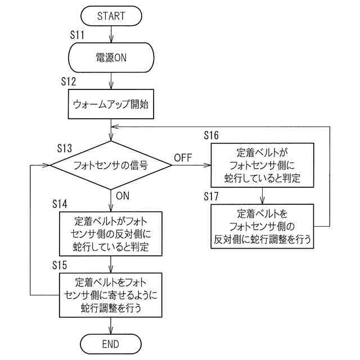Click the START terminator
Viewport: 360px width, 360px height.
click(111, 16)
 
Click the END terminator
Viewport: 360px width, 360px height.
click(111, 344)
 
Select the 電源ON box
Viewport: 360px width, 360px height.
click(111, 57)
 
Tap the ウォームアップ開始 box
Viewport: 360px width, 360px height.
click(111, 104)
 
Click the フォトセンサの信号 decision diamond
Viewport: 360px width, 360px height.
click(111, 165)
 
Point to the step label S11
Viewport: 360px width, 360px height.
click(77, 35)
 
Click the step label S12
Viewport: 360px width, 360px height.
click(69, 82)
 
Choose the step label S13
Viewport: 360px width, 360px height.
click(65, 148)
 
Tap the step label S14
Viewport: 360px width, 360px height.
click(60, 204)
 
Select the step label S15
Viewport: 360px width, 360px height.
click(60, 265)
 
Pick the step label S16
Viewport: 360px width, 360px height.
click(211, 136)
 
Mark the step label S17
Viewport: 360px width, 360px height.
click(211, 196)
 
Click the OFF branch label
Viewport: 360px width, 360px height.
click(183, 157)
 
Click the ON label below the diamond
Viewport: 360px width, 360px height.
click(123, 196)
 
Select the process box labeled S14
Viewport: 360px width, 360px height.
click(111, 234)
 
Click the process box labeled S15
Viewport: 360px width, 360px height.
click(111, 295)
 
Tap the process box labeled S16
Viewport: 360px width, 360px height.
click(262, 165)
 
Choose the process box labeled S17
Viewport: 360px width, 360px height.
click(262, 226)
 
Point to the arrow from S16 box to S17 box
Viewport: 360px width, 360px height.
click(262, 196)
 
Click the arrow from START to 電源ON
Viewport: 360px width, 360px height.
click(111, 34)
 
